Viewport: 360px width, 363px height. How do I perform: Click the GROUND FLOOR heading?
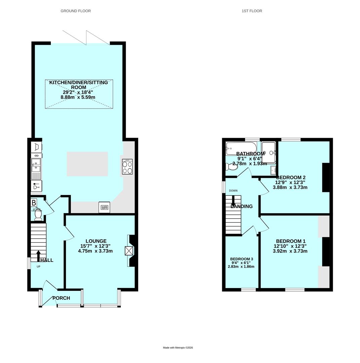pos(76,11)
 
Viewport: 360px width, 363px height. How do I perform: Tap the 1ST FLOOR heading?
pos(252,11)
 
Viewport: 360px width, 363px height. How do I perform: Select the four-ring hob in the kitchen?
pos(127,167)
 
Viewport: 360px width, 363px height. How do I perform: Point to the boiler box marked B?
pos(34,203)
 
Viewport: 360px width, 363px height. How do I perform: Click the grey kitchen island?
pos(87,164)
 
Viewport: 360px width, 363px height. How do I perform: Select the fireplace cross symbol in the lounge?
pos(129,251)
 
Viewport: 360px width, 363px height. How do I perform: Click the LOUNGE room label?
pos(96,241)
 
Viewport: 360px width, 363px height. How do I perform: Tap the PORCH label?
pos(61,298)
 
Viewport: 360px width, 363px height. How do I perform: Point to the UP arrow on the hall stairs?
pos(38,255)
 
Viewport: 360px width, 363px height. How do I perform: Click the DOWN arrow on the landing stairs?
pos(233,201)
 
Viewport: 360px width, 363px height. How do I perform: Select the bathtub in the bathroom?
pos(241,148)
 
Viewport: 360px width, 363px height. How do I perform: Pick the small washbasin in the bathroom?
pos(273,171)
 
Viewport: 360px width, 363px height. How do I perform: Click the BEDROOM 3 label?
pos(241,259)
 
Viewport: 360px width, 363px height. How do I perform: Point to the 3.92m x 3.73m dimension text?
pos(290,251)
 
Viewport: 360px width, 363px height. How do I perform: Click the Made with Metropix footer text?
pos(178,348)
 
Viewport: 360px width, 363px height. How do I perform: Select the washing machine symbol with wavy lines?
pos(104,207)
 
